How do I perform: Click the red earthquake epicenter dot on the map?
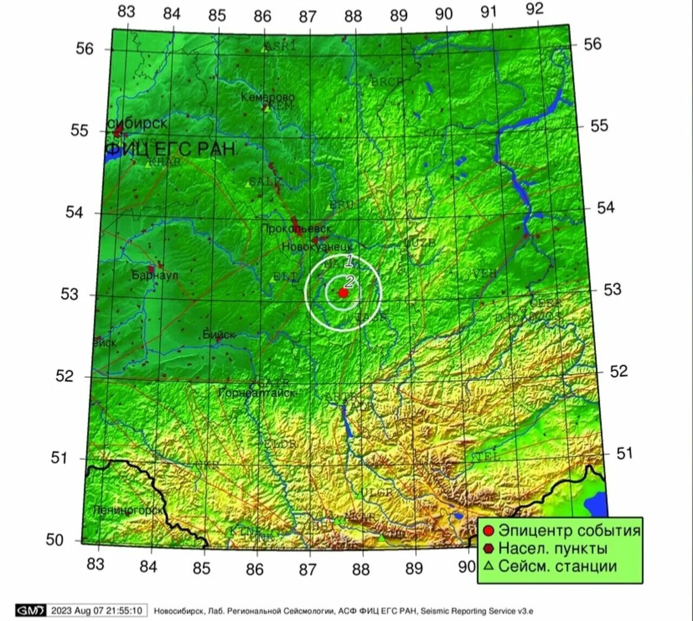343,293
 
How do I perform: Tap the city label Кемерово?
267,98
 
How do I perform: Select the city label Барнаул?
155,275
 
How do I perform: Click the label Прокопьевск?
296,229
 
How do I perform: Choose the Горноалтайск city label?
257,393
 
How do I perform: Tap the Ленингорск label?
128,510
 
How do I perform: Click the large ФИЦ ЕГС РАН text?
171,148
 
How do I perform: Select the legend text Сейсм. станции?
558,566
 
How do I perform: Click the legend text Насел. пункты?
553,548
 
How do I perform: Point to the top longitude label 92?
534,9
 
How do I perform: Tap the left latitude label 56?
84,49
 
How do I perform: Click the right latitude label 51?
625,453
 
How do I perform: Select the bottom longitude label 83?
95,564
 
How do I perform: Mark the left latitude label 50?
55,540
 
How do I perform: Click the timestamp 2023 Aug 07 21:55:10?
97,611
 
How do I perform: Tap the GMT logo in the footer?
30,611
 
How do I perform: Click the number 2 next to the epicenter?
349,281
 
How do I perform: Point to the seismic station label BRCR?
387,82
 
